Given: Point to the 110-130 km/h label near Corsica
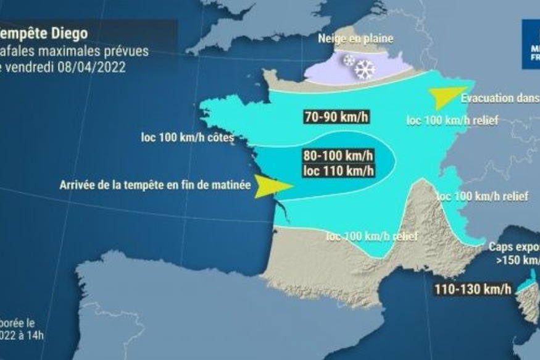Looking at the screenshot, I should point(471,288).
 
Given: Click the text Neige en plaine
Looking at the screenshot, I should point(355,38).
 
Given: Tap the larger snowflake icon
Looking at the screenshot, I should point(365,69).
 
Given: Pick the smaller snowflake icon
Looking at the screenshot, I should point(349,61).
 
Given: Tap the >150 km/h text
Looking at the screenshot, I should point(518,260).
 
